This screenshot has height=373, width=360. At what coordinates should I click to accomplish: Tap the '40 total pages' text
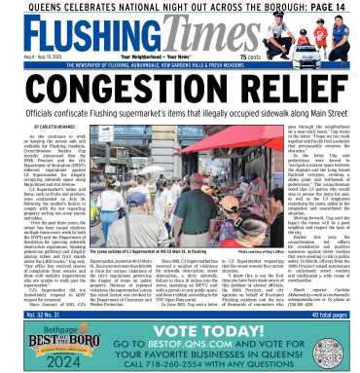click(x=332, y=309)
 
